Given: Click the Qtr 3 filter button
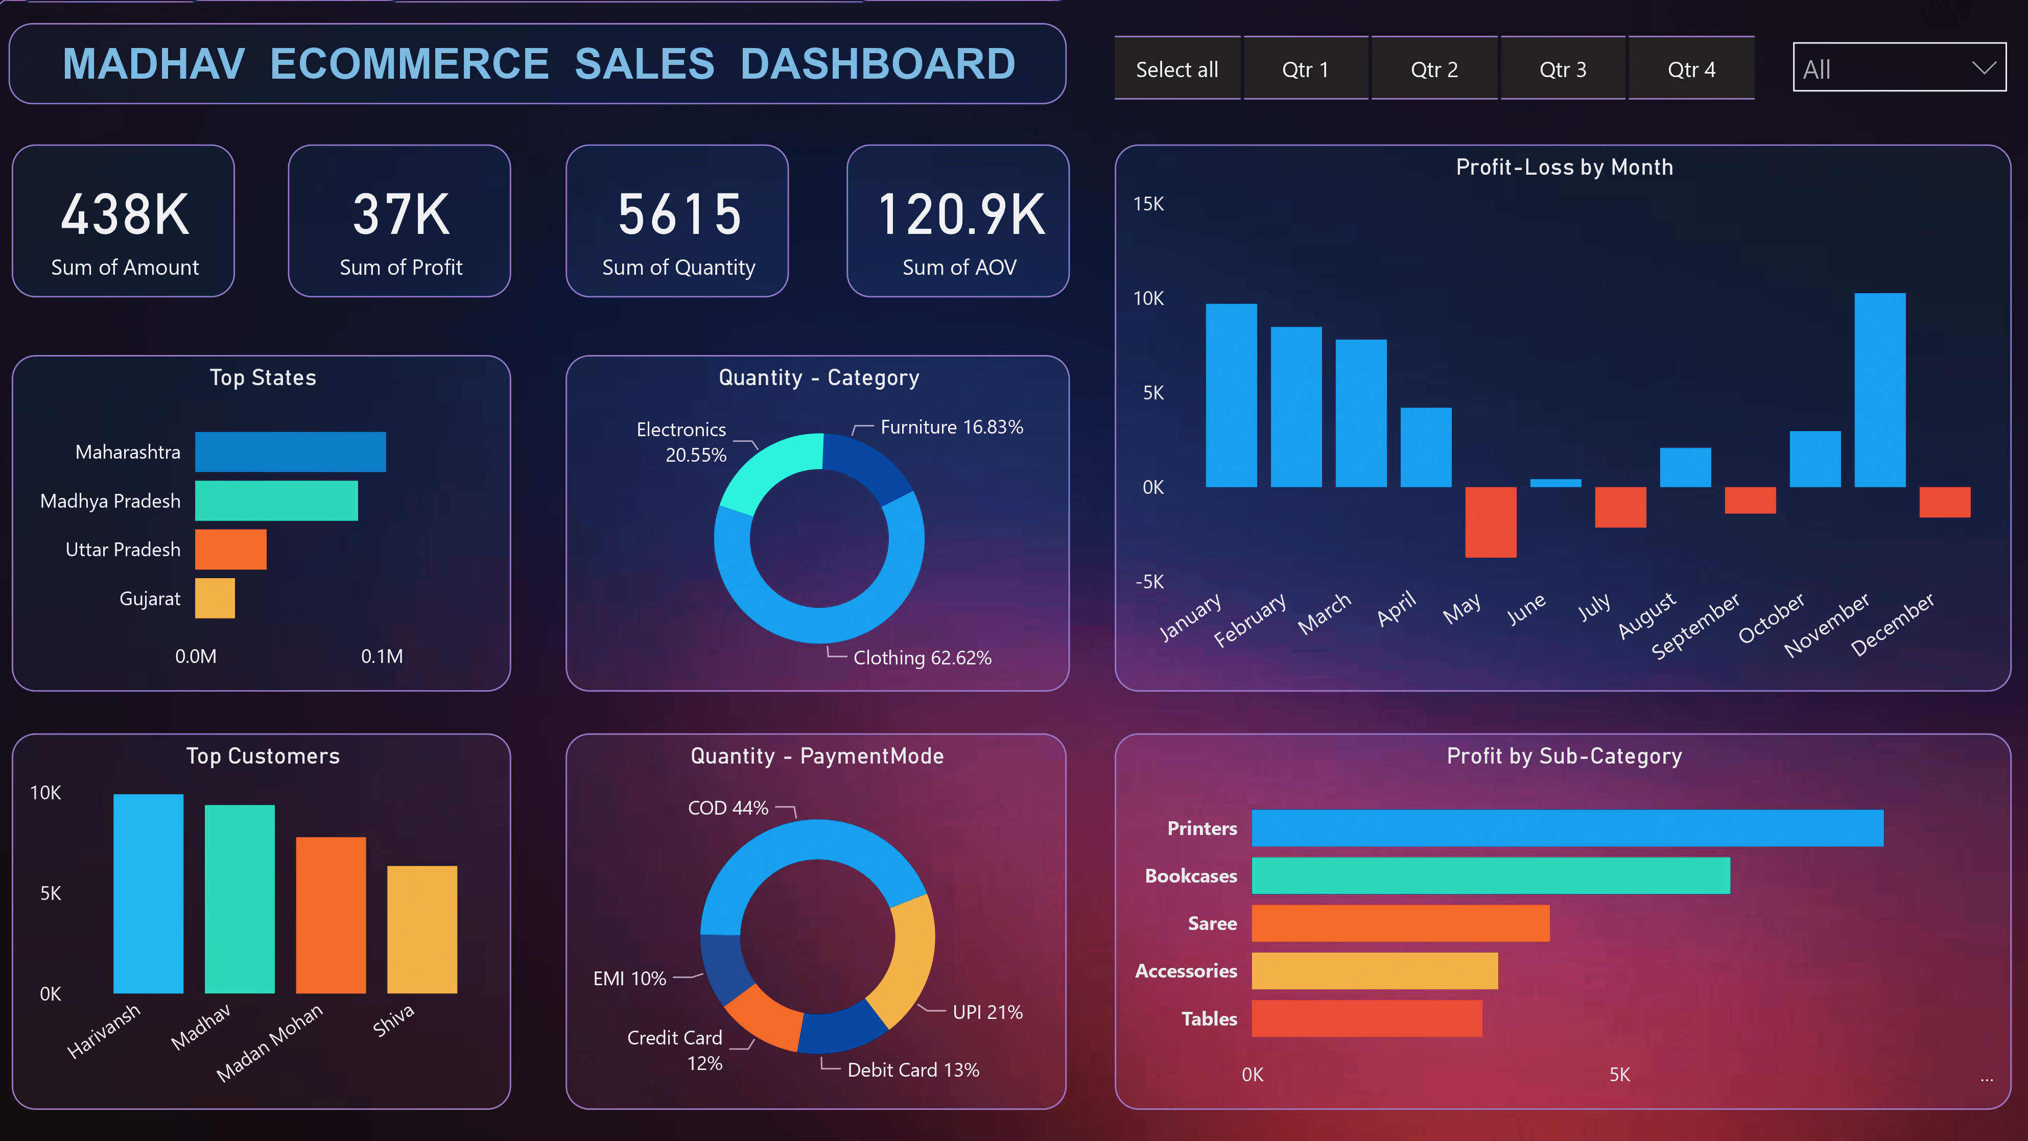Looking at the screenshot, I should pos(1563,69).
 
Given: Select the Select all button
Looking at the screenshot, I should pos(1177,69).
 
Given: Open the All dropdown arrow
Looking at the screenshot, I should pos(1983,67).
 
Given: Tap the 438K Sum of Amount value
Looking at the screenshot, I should pos(125,214).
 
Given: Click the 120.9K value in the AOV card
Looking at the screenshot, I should pos(960,214).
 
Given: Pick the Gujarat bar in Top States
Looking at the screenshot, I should pos(215,598).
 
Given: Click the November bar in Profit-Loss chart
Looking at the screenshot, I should pos(1879,390).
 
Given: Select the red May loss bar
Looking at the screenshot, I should pos(1490,521).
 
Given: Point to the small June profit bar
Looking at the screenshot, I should pos(1555,482).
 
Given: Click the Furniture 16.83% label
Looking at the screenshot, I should pos(951,427).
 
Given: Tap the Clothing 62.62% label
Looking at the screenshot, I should pos(922,658).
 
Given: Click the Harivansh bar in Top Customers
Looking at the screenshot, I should pos(148,893).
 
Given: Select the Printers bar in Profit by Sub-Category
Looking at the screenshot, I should pos(1567,828).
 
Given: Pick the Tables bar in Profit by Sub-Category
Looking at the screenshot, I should pos(1366,1018).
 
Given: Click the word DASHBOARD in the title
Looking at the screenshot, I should pos(877,64).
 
